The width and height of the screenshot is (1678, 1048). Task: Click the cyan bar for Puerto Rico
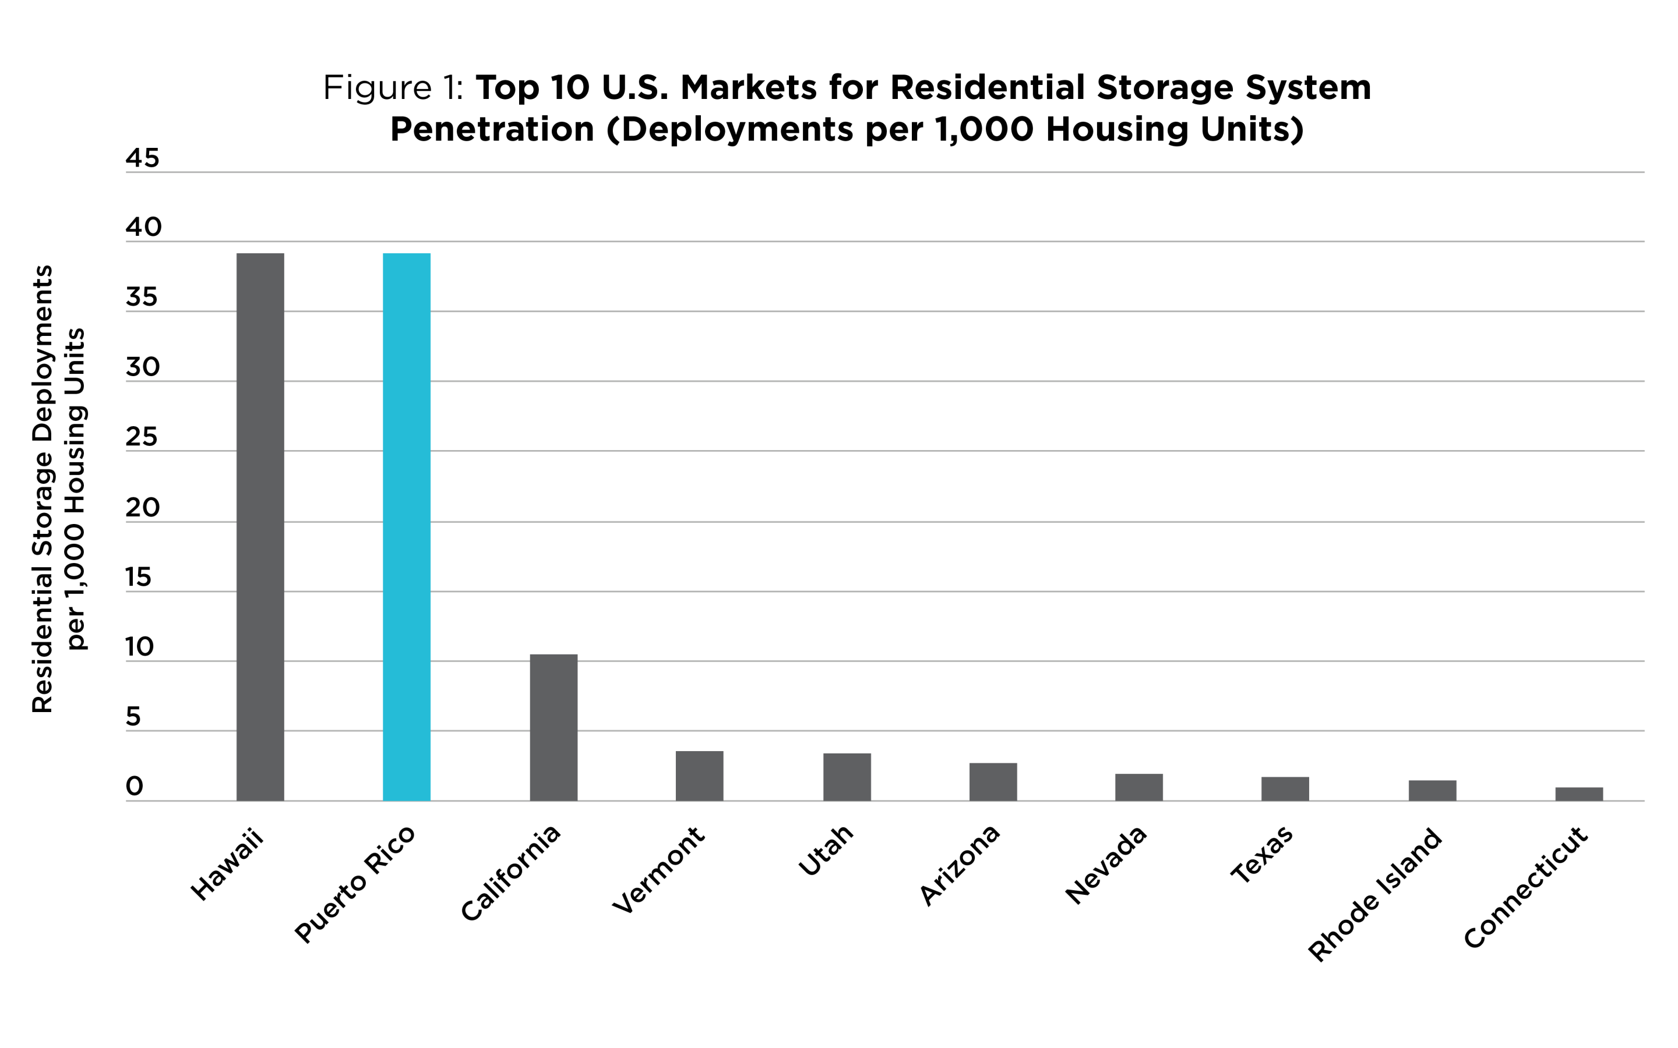406,527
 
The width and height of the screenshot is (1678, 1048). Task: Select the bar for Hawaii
260,527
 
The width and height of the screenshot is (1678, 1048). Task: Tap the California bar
554,727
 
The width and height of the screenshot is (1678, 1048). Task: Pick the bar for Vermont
700,776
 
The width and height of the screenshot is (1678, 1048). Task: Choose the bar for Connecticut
1579,794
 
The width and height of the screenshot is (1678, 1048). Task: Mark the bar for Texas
1285,789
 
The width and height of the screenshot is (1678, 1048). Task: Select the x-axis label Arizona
960,865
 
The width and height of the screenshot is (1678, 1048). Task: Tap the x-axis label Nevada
1106,865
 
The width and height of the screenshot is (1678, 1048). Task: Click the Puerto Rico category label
355,884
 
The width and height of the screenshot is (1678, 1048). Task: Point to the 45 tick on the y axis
142,159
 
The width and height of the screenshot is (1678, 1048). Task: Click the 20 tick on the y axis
142,508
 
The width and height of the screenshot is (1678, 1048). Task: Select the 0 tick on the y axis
135,787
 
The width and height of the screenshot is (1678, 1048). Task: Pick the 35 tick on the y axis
142,298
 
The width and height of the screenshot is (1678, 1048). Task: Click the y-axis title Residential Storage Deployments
43,488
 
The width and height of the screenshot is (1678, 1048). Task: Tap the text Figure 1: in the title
393,88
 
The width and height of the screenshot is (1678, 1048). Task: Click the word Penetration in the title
492,130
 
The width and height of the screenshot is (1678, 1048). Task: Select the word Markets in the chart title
738,88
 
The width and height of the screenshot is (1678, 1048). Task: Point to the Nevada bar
1138,787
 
